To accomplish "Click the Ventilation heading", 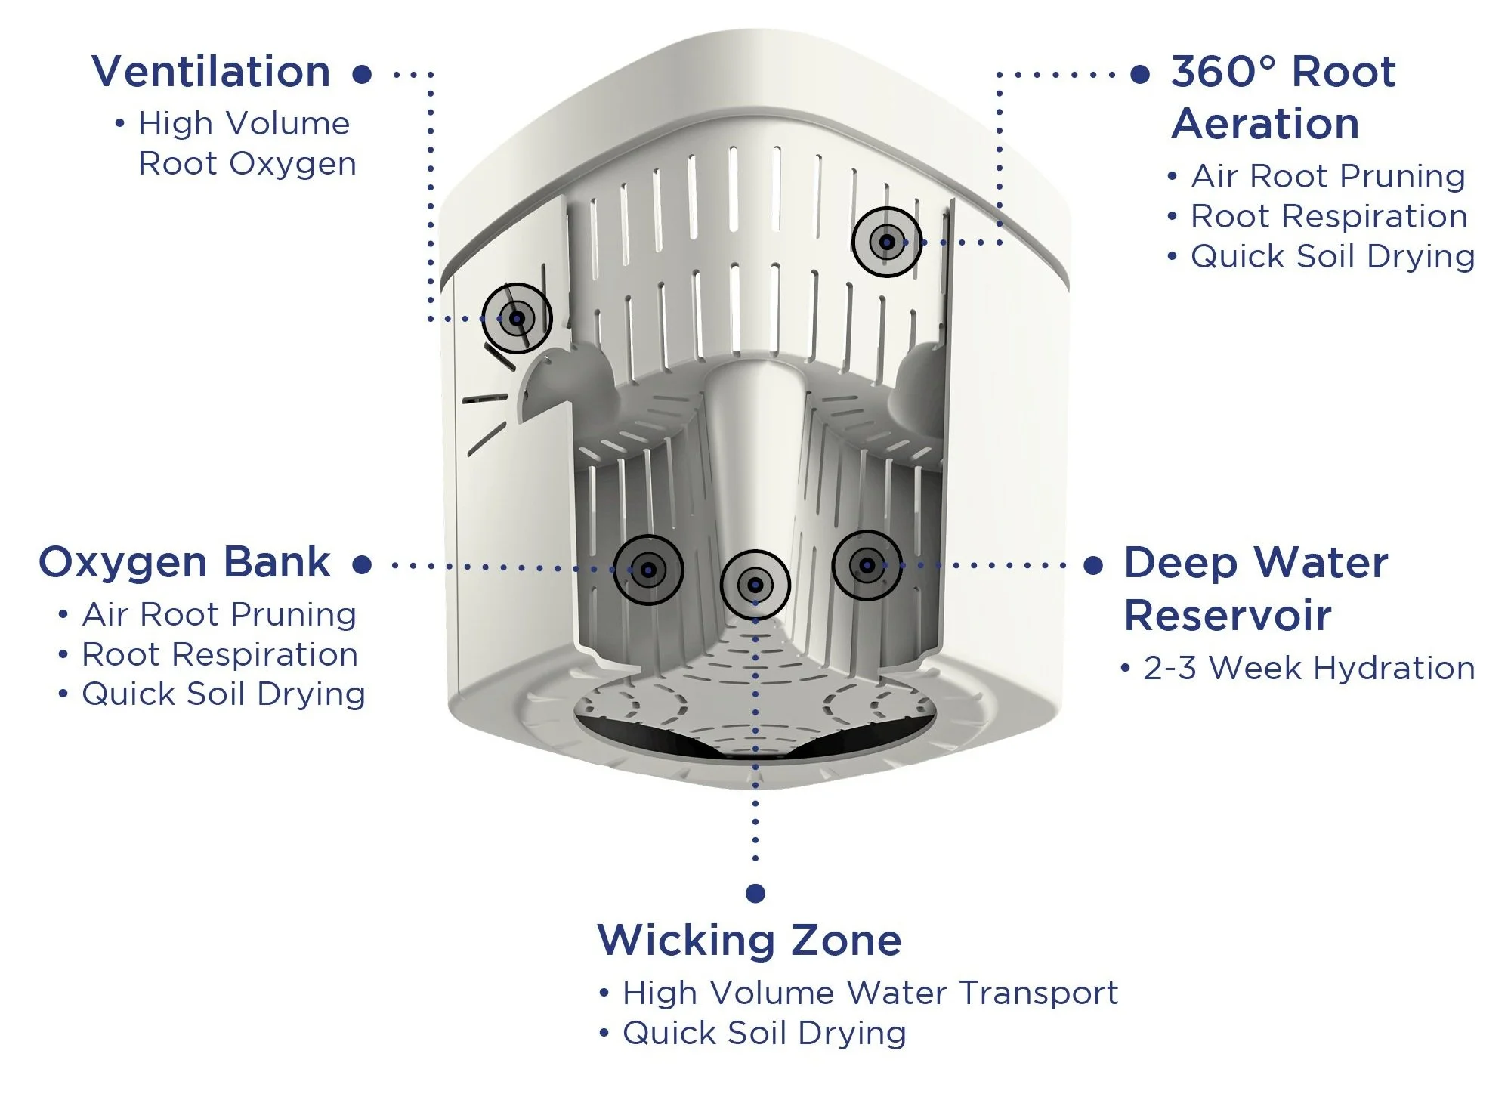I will point(211,72).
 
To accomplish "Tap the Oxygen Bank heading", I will point(184,563).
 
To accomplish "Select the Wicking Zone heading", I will point(749,941).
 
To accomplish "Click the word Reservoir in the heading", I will point(1228,615).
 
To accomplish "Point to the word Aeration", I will point(1265,124).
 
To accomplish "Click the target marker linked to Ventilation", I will point(518,318).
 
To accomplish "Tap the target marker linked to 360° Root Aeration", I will point(887,242).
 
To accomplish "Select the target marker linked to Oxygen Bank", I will point(648,570).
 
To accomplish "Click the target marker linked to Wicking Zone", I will point(755,585).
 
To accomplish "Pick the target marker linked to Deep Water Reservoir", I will point(867,565).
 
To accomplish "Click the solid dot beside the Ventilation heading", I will point(363,74).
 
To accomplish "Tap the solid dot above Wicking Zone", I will point(755,893).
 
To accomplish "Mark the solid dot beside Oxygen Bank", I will point(363,564).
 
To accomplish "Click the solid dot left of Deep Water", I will point(1093,565).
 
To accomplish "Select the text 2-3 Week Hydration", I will point(1309,669).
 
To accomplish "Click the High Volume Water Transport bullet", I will point(870,993).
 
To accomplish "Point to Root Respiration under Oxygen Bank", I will point(219,655).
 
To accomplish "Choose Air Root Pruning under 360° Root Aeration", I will point(1328,177).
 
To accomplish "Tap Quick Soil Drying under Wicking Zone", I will point(764,1034).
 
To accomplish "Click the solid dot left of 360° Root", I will point(1140,74).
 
